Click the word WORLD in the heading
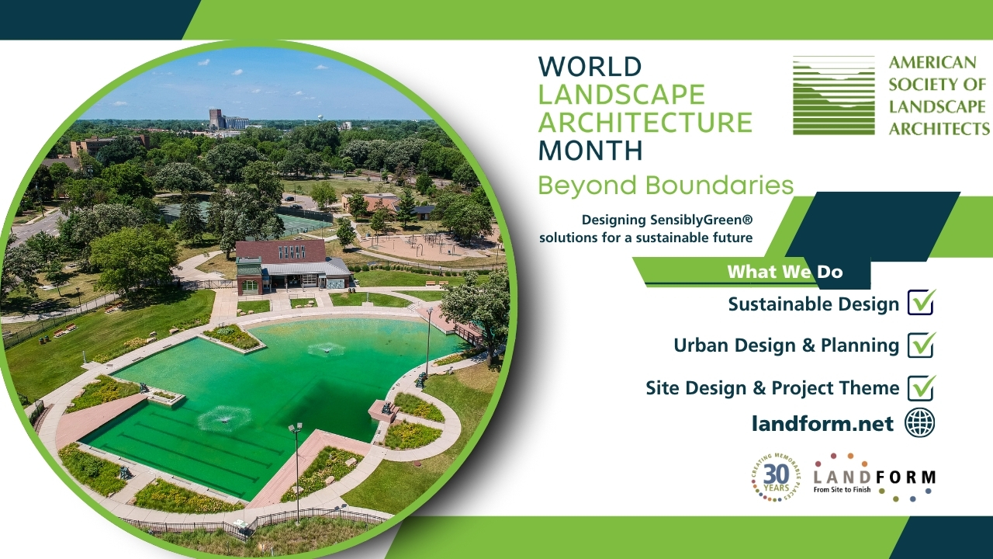pos(590,67)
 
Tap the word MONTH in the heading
pos(590,149)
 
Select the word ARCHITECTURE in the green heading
pos(645,122)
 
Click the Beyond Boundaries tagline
pos(666,186)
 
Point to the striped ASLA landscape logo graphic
pos(833,95)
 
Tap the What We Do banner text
pos(784,272)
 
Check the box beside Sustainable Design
pos(921,303)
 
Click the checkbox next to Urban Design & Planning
pos(921,345)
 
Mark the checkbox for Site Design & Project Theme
pos(921,387)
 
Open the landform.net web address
pos(822,424)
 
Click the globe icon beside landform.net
pos(920,423)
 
